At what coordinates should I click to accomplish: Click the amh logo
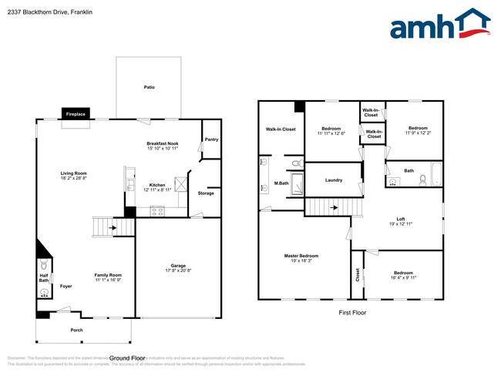(x=440, y=24)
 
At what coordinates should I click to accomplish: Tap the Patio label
(x=149, y=87)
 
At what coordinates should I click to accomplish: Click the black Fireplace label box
(x=76, y=114)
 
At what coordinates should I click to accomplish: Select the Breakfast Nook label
(x=163, y=143)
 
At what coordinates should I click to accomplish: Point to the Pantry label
(x=210, y=139)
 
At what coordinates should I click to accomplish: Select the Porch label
(x=76, y=330)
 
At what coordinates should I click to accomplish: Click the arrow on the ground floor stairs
(x=113, y=227)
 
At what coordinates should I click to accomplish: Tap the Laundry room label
(x=334, y=180)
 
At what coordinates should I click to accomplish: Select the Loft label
(x=401, y=219)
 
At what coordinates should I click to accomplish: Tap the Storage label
(x=206, y=193)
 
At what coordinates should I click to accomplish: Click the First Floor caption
(x=352, y=313)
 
